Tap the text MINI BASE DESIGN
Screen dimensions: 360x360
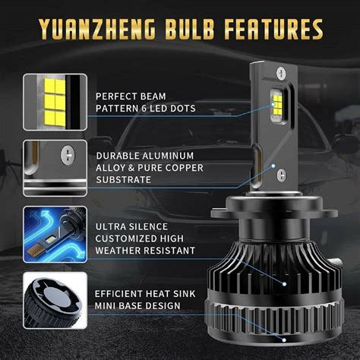tap(137, 305)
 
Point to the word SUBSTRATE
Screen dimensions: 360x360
tap(123, 180)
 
